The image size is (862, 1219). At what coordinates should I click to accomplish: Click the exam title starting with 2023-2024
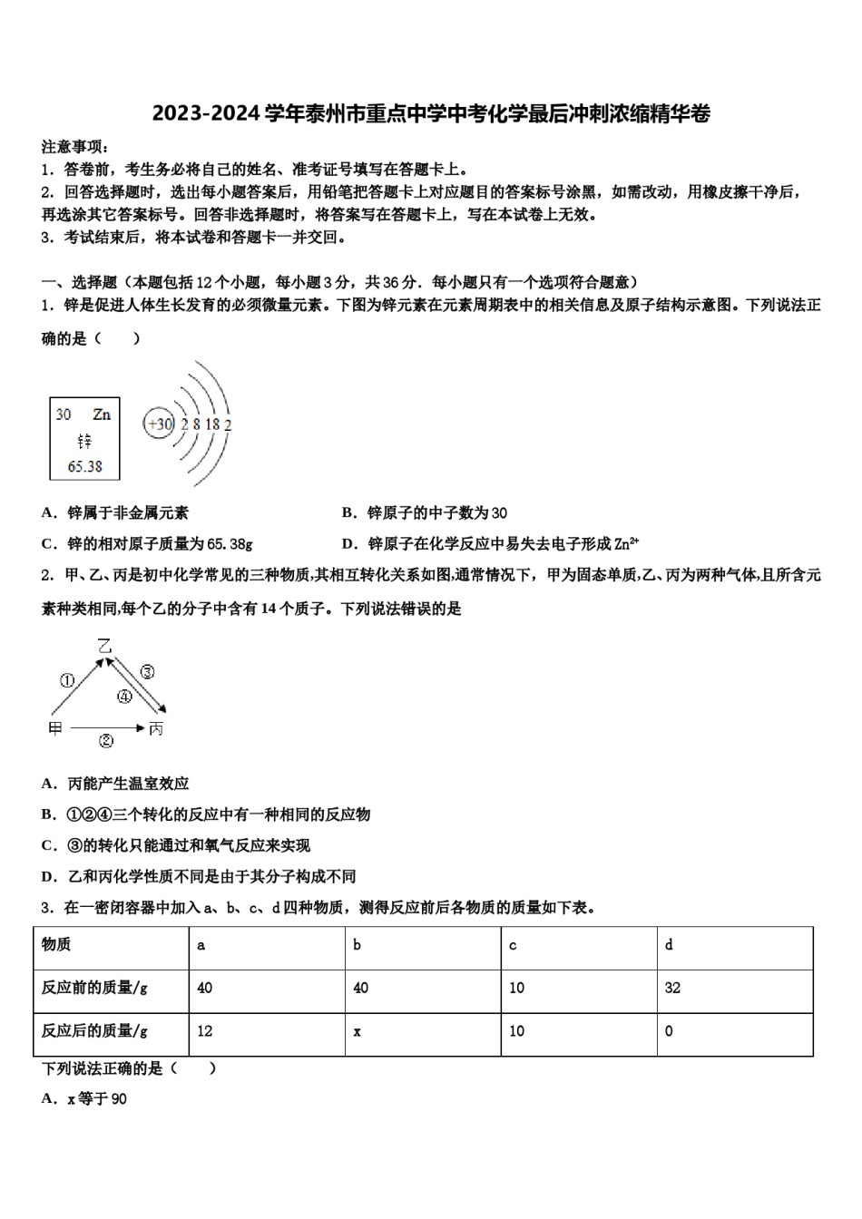(431, 113)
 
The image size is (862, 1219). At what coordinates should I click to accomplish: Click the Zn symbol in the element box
(102, 414)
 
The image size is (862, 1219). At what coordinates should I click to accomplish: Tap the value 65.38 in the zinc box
(84, 466)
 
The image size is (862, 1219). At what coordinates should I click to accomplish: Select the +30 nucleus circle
(160, 424)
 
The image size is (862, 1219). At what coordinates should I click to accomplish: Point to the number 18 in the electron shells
(212, 424)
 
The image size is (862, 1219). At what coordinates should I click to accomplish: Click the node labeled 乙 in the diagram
(105, 647)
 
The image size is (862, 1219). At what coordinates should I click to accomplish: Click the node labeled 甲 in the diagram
(55, 728)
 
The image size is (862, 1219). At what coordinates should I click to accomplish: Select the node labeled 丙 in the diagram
(156, 728)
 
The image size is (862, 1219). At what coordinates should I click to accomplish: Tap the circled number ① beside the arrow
(66, 680)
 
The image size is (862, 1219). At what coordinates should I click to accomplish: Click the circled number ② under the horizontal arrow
(106, 742)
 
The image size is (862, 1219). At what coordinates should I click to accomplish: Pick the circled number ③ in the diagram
(147, 672)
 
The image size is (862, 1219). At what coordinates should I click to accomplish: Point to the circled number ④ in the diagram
(124, 697)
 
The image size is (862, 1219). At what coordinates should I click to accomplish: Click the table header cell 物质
(56, 945)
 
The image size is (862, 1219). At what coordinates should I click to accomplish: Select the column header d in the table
(669, 945)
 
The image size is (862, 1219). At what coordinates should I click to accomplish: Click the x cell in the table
(358, 1031)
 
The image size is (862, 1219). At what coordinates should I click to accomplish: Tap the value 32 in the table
(672, 988)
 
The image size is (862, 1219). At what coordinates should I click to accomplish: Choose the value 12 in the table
(204, 1031)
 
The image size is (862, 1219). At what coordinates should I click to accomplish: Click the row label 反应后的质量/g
(94, 1031)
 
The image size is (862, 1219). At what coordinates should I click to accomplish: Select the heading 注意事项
(76, 147)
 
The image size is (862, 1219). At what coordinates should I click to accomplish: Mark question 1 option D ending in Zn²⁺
(490, 544)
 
